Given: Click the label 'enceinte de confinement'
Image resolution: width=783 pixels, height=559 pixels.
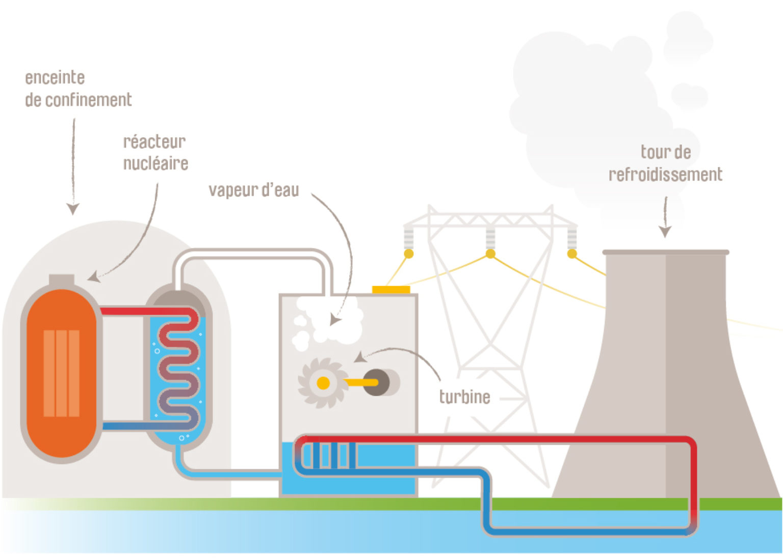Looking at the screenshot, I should [77, 89].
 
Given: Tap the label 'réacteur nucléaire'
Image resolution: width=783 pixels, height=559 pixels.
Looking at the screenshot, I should [155, 153].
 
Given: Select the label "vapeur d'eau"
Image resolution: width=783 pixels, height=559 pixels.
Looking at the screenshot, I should [253, 190].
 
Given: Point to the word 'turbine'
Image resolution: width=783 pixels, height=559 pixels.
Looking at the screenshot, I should [464, 397].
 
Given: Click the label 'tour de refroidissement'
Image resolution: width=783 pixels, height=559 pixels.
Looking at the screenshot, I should [665, 163].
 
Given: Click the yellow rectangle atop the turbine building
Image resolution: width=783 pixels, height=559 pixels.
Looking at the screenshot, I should [391, 290].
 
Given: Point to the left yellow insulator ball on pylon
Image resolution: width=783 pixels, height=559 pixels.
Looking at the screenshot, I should [408, 253].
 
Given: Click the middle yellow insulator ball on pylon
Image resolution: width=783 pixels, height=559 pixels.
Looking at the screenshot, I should [490, 253].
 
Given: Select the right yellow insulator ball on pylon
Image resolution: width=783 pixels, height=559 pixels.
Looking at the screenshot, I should [572, 253].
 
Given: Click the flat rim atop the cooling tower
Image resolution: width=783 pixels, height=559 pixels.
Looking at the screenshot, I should [666, 252].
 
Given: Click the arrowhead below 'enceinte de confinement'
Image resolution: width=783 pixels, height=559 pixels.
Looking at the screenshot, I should [73, 209].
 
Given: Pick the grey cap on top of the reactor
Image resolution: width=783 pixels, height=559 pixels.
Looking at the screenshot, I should [62, 280].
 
